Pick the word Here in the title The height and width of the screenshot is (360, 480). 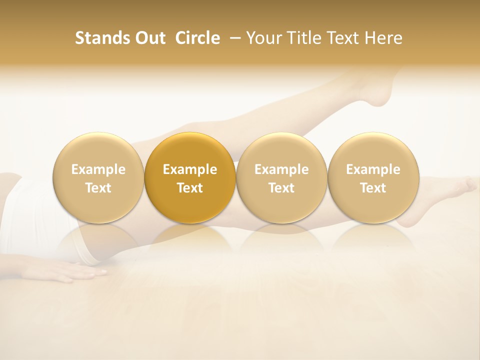point(384,38)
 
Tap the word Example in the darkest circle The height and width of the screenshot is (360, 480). point(190,169)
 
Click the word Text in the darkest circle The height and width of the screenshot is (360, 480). point(190,188)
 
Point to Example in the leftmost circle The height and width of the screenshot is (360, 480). point(98,169)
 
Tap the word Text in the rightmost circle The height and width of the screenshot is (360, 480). point(373,188)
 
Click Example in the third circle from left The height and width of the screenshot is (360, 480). point(281,169)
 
